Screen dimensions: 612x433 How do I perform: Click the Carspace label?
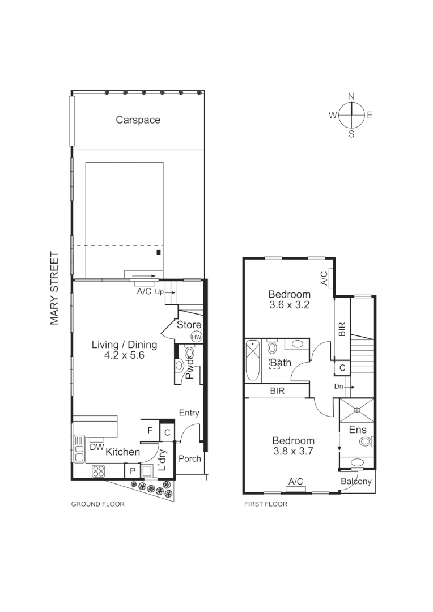click(138, 120)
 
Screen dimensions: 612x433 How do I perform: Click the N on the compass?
click(351, 96)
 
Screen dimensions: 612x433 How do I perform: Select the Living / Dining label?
click(124, 345)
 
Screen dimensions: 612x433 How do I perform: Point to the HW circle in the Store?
click(196, 337)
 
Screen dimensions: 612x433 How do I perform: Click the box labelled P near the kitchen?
click(131, 471)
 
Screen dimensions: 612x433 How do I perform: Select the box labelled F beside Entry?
click(150, 431)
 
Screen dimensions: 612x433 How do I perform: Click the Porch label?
click(190, 458)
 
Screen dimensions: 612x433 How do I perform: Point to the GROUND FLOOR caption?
click(97, 504)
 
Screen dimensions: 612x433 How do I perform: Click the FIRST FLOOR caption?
click(265, 504)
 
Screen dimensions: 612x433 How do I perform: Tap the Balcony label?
click(356, 482)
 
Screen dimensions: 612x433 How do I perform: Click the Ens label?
click(358, 430)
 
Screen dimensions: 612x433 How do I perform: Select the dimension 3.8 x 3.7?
click(293, 452)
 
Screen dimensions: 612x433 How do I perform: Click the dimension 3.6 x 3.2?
click(290, 305)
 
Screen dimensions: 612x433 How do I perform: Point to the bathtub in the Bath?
click(252, 360)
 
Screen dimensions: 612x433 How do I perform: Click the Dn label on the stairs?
click(339, 386)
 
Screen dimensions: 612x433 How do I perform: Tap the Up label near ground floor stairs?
click(159, 293)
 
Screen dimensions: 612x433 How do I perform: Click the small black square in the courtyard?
click(159, 252)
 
